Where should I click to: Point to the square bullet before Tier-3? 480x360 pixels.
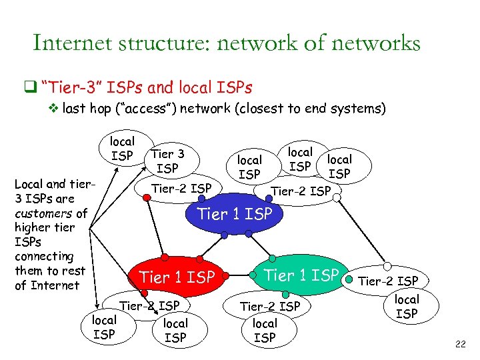click(x=30, y=86)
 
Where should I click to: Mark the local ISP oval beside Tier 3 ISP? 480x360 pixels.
click(x=122, y=149)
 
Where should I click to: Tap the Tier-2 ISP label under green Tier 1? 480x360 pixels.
click(x=270, y=307)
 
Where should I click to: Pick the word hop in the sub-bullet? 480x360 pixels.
click(x=110, y=108)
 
